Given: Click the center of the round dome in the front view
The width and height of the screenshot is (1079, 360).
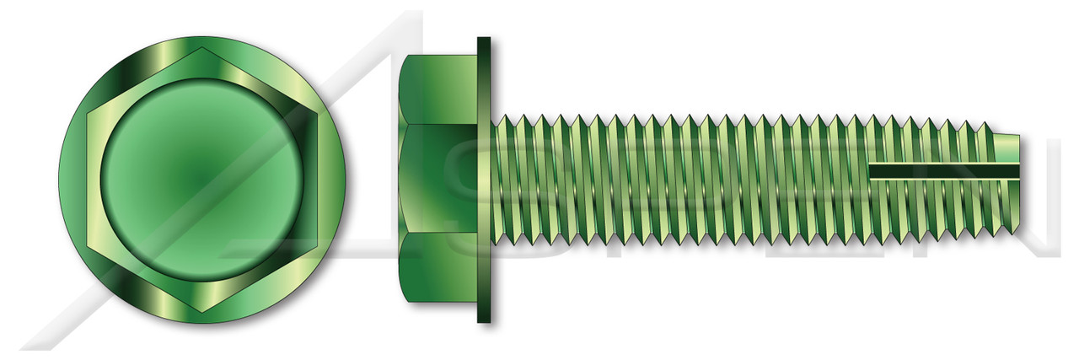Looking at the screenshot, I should [202, 179].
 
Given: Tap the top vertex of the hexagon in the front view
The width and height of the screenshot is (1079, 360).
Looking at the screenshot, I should [202, 48].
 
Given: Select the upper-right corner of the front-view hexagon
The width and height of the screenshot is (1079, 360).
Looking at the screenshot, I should [315, 113].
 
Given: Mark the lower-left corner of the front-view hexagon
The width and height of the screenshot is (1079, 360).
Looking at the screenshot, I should [89, 245].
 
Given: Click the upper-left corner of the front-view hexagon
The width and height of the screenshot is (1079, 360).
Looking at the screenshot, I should [89, 113].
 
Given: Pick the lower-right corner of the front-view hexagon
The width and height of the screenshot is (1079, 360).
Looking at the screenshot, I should [315, 245].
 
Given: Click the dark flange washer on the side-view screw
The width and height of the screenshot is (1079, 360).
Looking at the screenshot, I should [484, 180].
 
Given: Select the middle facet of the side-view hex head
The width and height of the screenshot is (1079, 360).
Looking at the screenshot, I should [438, 179].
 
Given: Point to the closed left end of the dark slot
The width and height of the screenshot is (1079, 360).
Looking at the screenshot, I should [872, 172].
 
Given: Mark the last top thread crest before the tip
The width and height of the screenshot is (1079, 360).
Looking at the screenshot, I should [983, 126].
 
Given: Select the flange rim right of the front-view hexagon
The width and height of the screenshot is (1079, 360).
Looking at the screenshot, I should [334, 179].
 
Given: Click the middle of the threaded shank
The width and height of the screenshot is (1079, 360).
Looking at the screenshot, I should [742, 179].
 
